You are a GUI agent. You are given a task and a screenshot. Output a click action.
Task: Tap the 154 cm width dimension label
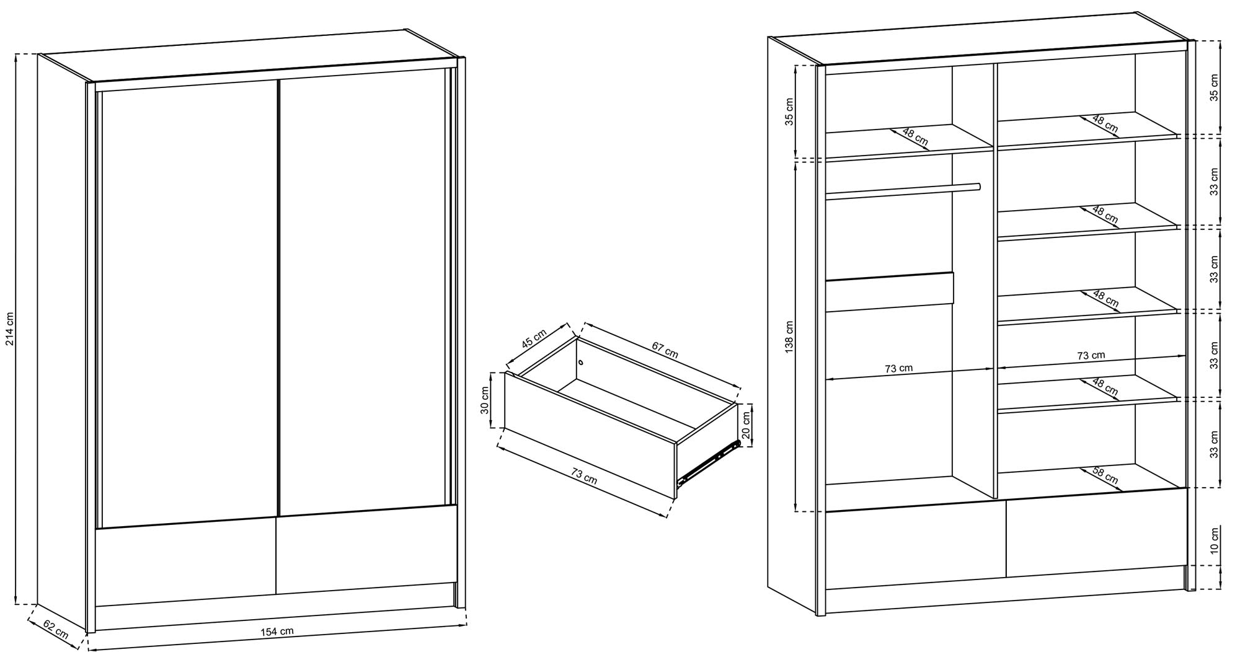click(277, 632)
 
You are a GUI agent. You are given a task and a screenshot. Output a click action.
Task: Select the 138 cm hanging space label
click(789, 337)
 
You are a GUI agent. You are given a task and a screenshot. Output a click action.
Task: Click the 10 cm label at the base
click(1214, 540)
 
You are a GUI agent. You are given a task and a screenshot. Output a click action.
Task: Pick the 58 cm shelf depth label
click(1104, 475)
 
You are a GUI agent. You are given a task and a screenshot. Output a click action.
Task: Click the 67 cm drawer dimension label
click(664, 350)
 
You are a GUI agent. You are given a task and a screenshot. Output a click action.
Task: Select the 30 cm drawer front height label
click(485, 400)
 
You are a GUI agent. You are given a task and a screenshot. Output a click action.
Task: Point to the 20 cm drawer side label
click(746, 425)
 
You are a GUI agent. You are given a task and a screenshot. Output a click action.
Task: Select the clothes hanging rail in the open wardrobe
click(903, 192)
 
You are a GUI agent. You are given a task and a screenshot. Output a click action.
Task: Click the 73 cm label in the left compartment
click(898, 368)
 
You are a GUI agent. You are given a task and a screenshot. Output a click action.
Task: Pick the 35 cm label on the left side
click(789, 112)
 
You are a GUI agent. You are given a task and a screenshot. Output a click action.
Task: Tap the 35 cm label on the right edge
click(1214, 87)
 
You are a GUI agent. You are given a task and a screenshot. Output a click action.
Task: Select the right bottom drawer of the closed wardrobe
click(366, 548)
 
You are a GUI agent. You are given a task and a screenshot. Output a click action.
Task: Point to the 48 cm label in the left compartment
click(915, 138)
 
